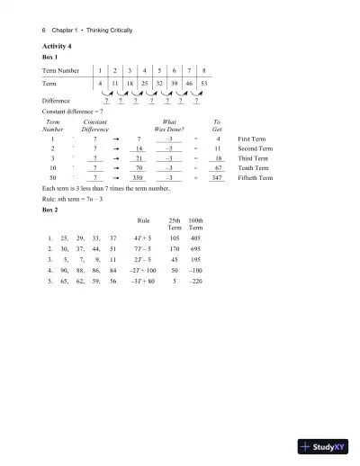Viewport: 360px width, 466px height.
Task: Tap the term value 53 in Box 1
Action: (205, 82)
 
